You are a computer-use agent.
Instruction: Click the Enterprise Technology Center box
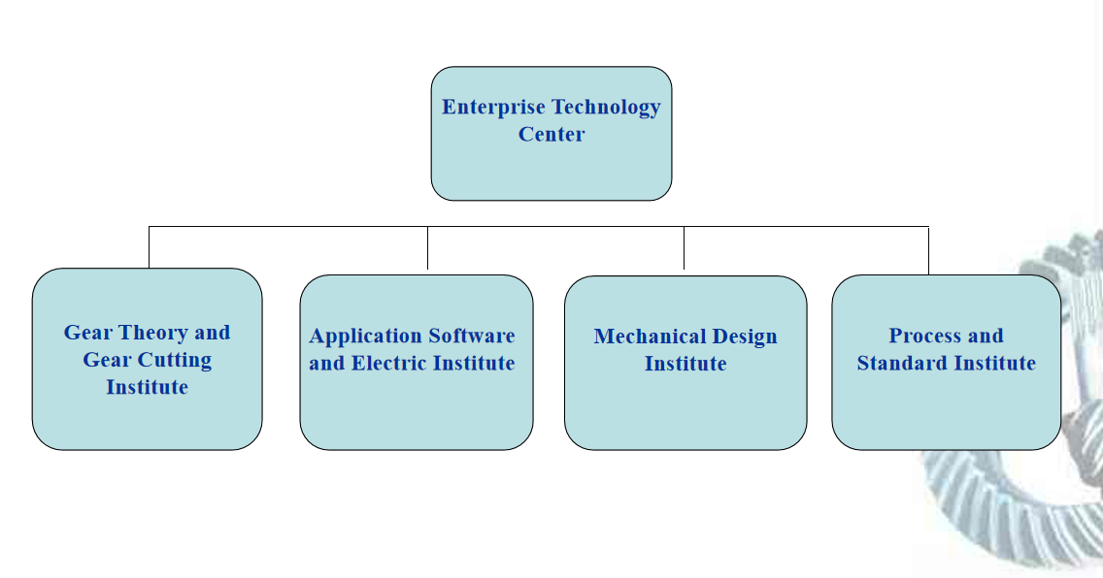click(551, 165)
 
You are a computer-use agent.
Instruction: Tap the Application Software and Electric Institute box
click(416, 412)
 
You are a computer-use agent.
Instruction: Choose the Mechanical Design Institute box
click(685, 412)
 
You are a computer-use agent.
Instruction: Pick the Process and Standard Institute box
click(946, 412)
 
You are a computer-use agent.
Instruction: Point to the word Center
click(551, 135)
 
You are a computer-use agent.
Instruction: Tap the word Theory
click(152, 333)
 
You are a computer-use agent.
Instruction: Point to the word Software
click(471, 337)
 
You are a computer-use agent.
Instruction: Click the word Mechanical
click(650, 337)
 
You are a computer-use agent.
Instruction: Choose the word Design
click(745, 337)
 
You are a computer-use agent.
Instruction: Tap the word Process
click(922, 337)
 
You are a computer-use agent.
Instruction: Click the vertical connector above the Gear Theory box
click(149, 247)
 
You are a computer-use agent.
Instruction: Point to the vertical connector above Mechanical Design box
click(684, 248)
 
